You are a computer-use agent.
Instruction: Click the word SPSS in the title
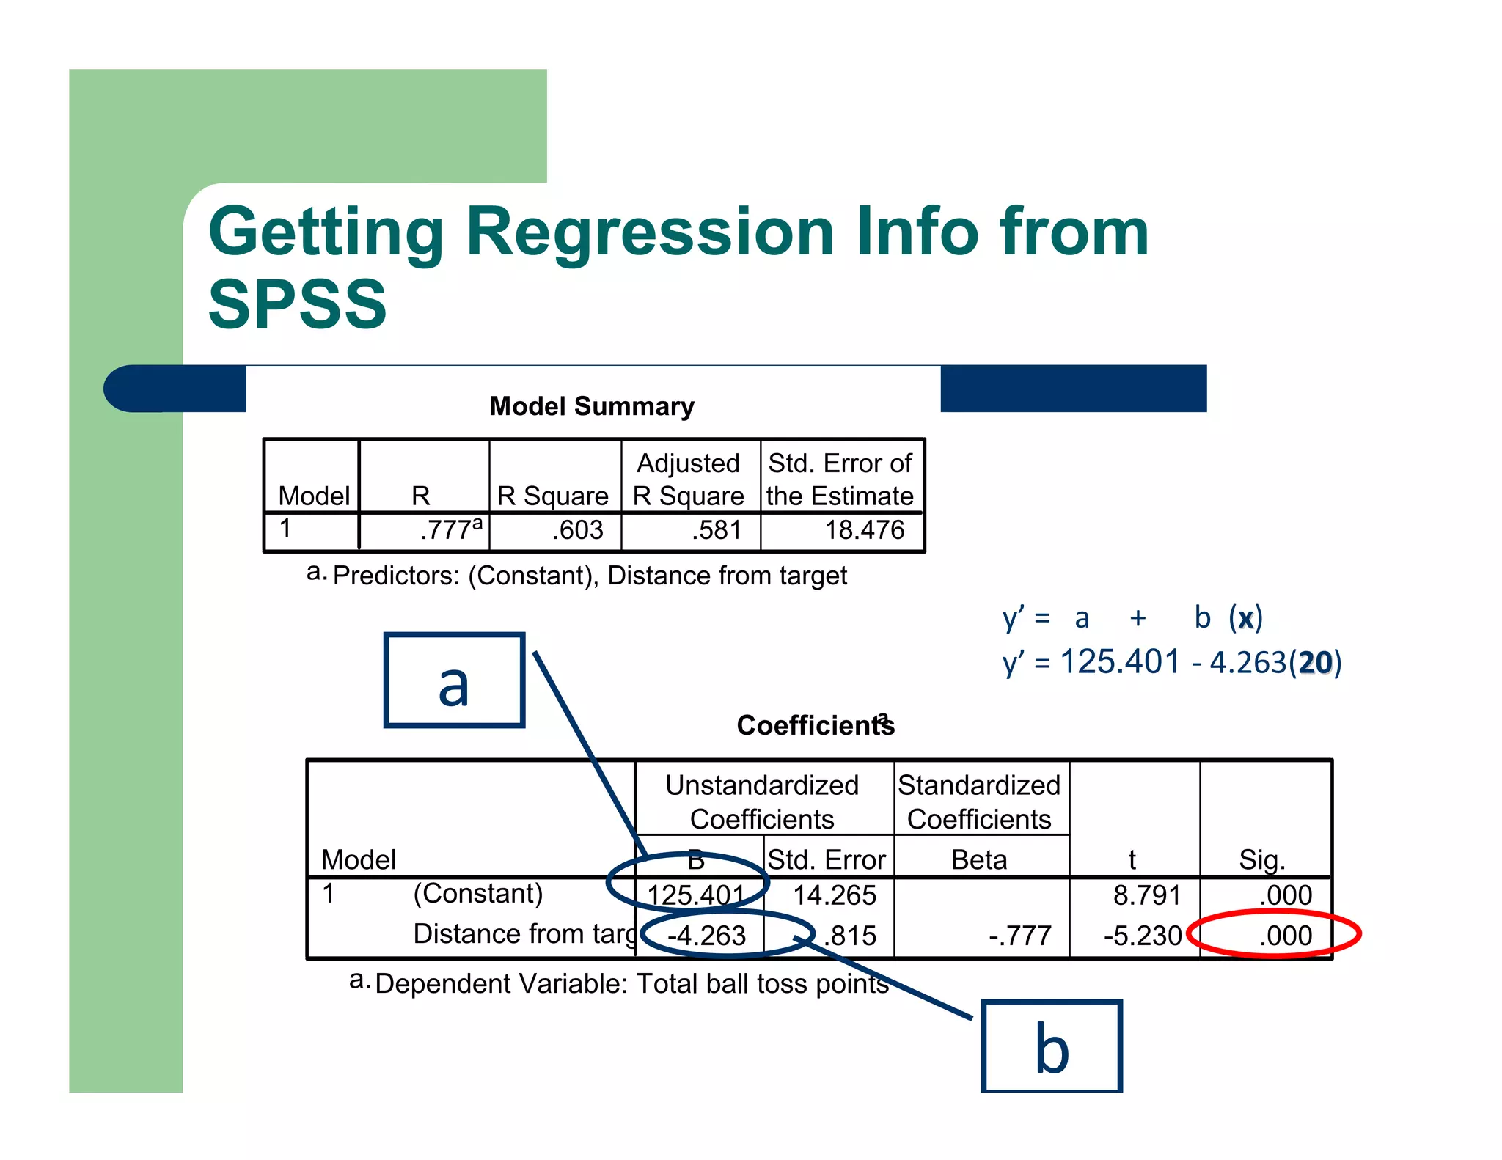pyautogui.click(x=297, y=304)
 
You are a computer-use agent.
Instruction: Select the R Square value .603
pyautogui.click(x=577, y=529)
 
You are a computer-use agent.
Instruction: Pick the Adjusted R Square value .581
pyautogui.click(x=716, y=529)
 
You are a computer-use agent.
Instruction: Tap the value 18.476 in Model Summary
pyautogui.click(x=864, y=529)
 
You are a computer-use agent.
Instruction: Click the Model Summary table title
pyautogui.click(x=591, y=406)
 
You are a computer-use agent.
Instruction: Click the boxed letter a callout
pyautogui.click(x=454, y=680)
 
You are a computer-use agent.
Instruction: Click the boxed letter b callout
pyautogui.click(x=1051, y=1047)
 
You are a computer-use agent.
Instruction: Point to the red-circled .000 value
pyautogui.click(x=1285, y=936)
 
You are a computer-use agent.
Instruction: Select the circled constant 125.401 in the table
pyautogui.click(x=695, y=895)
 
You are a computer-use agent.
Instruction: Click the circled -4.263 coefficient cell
pyautogui.click(x=706, y=936)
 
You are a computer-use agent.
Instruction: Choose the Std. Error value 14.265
pyautogui.click(x=835, y=895)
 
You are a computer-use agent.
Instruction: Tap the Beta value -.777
pyautogui.click(x=1019, y=936)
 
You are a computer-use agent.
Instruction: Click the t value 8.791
pyautogui.click(x=1146, y=895)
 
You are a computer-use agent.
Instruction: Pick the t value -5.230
pyautogui.click(x=1142, y=936)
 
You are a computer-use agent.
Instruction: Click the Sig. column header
pyautogui.click(x=1261, y=859)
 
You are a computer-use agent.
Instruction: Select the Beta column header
pyautogui.click(x=978, y=859)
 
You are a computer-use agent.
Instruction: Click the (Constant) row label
pyautogui.click(x=477, y=893)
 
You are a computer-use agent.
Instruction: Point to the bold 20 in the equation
pyautogui.click(x=1315, y=663)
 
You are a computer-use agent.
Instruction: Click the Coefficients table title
pyautogui.click(x=814, y=725)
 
